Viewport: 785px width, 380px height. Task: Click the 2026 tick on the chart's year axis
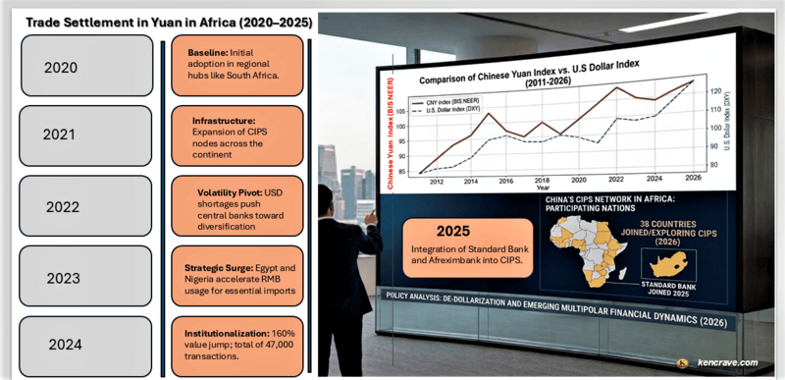click(x=693, y=179)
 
